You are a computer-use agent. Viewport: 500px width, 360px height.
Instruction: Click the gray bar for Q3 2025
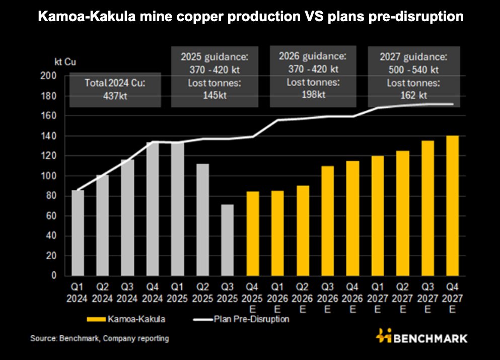[228, 240]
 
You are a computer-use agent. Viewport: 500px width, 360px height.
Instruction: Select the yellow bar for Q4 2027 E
[452, 205]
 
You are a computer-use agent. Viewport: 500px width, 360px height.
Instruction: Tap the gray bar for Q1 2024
[78, 233]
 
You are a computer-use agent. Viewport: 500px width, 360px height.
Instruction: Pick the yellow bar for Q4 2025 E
[253, 234]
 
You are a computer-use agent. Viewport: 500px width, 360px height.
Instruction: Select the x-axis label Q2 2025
[203, 293]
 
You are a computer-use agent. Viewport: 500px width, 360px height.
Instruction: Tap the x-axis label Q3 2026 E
[327, 297]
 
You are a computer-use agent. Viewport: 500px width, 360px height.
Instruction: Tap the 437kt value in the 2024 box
[115, 96]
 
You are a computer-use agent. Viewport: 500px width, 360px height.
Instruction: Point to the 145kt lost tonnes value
[213, 95]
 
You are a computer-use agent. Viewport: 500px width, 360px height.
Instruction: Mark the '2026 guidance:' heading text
[313, 56]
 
